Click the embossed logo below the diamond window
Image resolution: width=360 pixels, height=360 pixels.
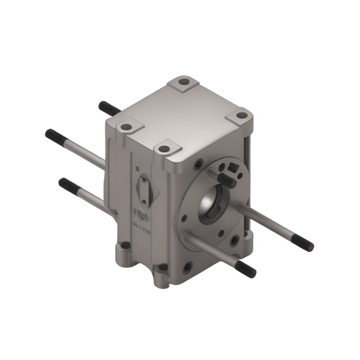tap(141, 213)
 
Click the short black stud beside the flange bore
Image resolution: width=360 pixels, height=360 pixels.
tap(226, 179)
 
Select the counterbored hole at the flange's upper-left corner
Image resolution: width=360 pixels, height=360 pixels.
tap(197, 166)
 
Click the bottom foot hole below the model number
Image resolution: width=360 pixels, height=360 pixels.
tap(125, 246)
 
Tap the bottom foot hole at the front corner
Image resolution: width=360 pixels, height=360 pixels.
tap(163, 267)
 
